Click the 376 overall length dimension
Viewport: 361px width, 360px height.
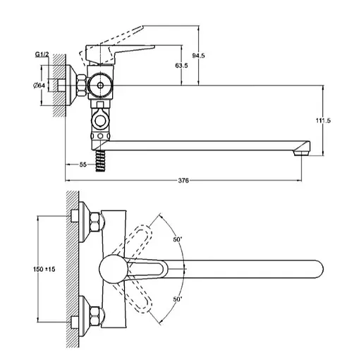tap(183, 181)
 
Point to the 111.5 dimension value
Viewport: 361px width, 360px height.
tap(323, 121)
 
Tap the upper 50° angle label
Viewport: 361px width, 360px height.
tap(178, 239)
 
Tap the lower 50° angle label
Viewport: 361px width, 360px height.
tap(178, 300)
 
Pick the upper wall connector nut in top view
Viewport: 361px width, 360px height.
tap(93, 220)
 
